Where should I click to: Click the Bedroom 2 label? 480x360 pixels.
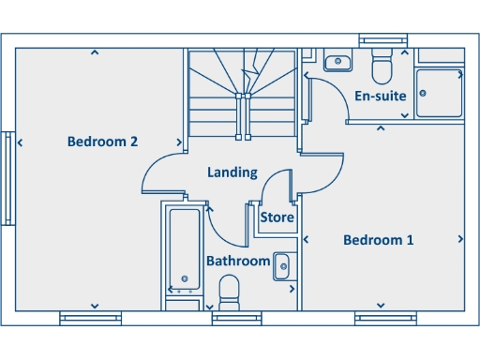(103, 142)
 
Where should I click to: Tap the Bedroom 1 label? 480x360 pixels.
(378, 240)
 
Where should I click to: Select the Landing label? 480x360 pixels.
(232, 172)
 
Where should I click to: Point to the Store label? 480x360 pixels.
(277, 217)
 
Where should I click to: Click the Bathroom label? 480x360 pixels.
(238, 261)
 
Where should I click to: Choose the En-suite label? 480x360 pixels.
(380, 96)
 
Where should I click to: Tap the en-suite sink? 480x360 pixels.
(337, 63)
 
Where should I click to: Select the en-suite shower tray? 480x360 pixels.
(440, 92)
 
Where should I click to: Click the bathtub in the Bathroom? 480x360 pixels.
(184, 249)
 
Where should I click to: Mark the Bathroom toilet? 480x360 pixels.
(229, 302)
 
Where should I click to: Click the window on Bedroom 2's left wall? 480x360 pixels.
(7, 179)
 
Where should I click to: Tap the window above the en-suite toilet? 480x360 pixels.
(382, 40)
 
